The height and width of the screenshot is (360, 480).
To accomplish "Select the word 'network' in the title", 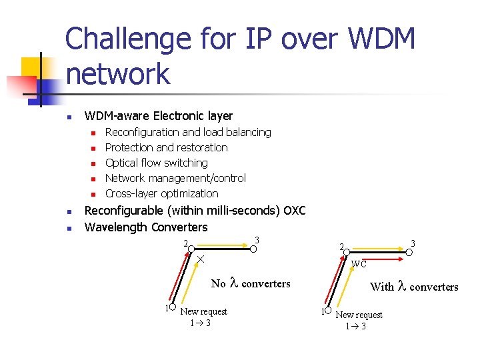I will click(x=118, y=73).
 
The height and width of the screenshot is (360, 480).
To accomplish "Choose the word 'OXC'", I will click(x=294, y=211).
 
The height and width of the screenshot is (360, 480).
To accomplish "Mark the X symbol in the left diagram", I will click(x=200, y=258).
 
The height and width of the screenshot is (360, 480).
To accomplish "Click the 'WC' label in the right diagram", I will click(x=359, y=263).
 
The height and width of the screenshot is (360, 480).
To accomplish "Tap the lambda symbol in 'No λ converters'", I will click(x=233, y=283).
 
